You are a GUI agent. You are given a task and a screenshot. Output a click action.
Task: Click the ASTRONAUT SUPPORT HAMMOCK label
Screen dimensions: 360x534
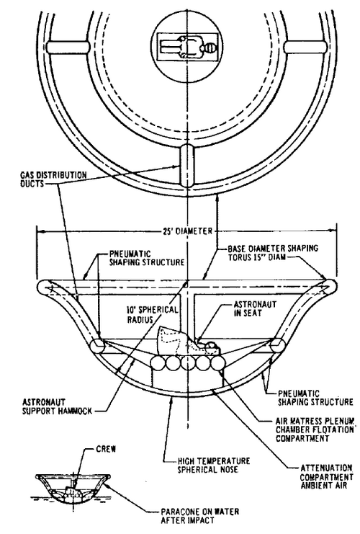click(57, 406)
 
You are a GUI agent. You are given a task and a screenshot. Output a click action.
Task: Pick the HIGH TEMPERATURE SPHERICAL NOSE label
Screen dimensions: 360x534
click(214, 466)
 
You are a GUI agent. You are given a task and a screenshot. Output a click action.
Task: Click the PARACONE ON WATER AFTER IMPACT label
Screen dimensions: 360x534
click(199, 515)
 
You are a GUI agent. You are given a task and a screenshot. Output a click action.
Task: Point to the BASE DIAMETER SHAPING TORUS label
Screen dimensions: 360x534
click(273, 252)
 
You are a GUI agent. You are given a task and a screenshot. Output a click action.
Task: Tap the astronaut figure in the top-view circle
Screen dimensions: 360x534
click(187, 48)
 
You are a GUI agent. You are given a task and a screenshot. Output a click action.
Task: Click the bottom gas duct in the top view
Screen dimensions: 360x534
click(187, 166)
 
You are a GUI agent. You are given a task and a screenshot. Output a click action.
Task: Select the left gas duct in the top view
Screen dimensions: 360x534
click(68, 48)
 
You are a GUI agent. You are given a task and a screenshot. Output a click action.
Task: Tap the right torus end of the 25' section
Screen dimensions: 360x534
click(329, 288)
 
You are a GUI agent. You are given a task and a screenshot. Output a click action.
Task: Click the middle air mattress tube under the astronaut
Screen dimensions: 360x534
click(187, 362)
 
